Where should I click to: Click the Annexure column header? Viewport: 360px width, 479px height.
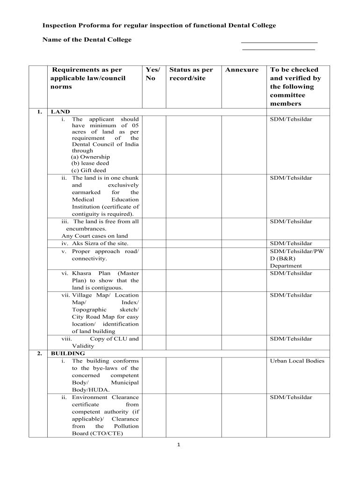241,70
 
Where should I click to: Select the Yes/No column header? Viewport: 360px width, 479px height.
152,74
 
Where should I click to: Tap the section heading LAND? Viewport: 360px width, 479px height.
60,112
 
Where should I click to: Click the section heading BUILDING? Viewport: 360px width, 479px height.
68,353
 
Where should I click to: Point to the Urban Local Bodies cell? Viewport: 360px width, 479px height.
297,361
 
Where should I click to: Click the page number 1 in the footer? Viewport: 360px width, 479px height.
180,445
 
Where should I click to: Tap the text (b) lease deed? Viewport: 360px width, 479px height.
90,163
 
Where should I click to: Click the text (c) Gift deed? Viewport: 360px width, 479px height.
89,170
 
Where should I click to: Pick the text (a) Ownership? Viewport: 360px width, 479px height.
91,156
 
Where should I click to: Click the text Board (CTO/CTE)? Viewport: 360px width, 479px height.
97,433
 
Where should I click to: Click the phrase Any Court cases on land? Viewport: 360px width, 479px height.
94,236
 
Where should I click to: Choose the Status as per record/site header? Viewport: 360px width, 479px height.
191,74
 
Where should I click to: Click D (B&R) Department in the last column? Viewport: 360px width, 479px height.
286,262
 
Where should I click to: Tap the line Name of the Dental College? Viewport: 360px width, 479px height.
87,40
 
